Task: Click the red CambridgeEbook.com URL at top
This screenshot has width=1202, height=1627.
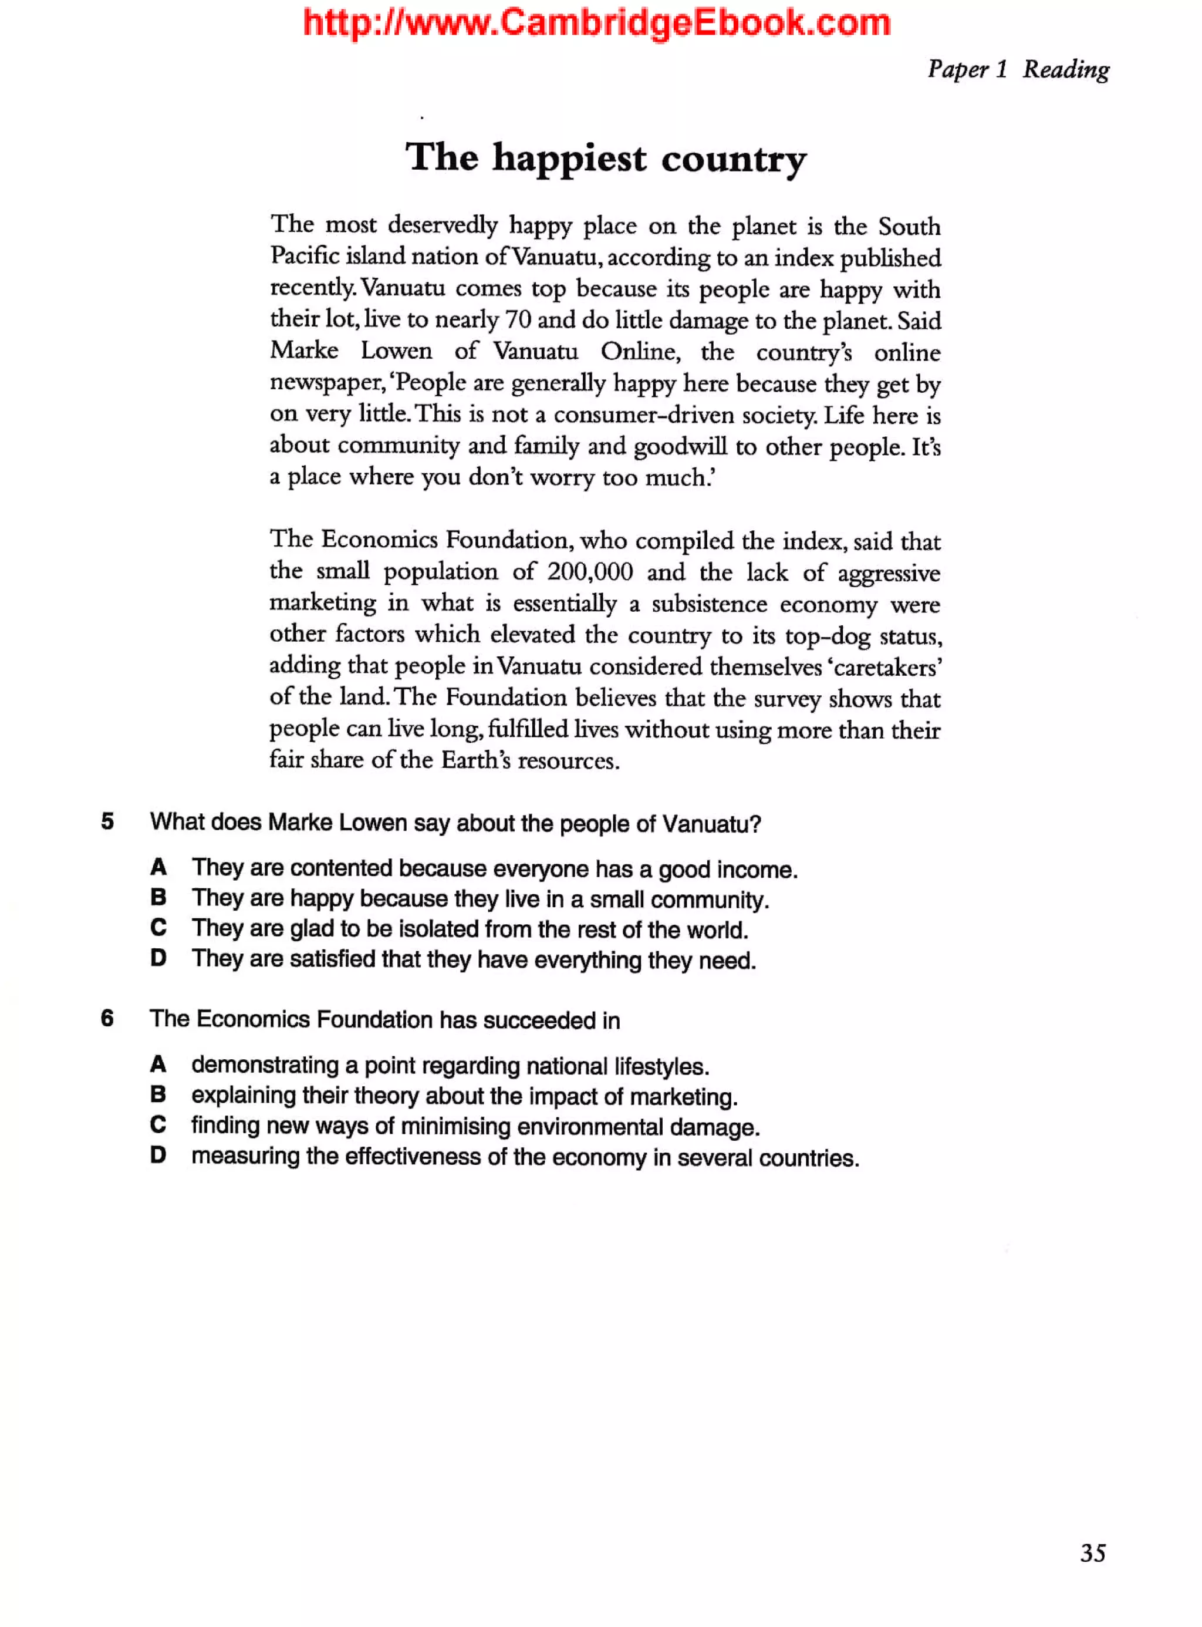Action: click(597, 23)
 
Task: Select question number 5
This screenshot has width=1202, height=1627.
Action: click(107, 822)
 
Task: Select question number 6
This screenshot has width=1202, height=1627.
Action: click(107, 1018)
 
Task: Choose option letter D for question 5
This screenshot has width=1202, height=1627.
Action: click(158, 958)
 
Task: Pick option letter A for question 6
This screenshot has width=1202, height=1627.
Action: click(158, 1065)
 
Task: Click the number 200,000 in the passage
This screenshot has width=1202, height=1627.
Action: click(590, 571)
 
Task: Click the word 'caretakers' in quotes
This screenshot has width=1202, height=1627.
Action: click(887, 667)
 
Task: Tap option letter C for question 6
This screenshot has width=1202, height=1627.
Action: click(158, 1125)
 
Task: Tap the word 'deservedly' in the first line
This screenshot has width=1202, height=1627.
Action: click(443, 224)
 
